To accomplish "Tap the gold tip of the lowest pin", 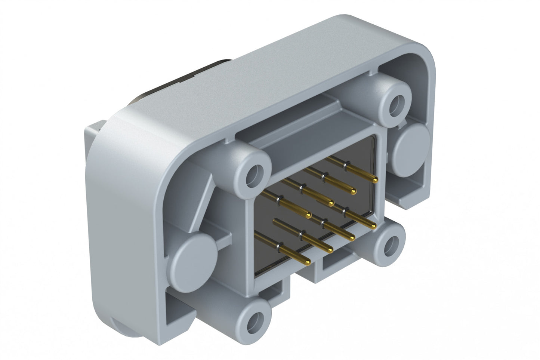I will (307, 261).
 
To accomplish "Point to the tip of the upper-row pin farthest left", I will (308, 215).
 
